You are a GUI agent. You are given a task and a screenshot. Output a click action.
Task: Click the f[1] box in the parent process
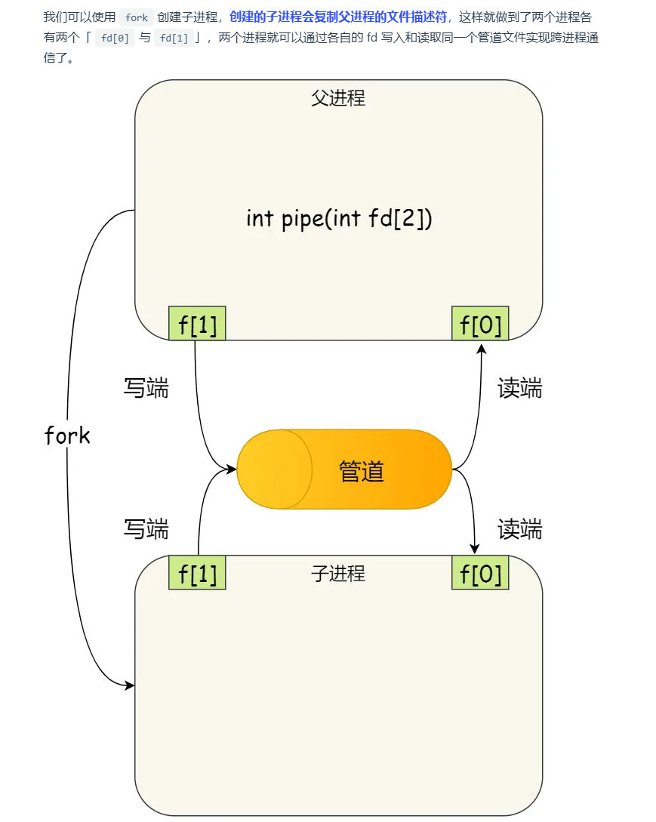point(197,324)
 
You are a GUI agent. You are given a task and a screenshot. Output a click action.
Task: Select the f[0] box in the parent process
point(480,324)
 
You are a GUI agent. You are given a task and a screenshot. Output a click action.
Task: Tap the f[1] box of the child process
point(197,573)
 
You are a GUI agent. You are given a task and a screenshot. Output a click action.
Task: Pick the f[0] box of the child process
point(480,573)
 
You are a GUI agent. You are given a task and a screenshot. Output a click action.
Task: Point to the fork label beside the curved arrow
point(67,436)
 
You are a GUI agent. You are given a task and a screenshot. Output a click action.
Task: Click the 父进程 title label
point(338,98)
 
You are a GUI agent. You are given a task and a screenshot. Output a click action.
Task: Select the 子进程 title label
point(338,574)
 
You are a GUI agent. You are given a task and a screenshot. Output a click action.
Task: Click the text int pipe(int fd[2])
point(339,218)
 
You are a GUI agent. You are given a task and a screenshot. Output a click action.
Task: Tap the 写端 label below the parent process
point(146,388)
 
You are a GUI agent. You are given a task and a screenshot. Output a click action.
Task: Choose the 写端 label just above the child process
point(146,529)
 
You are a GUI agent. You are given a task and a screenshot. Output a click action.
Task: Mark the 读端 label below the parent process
point(519,388)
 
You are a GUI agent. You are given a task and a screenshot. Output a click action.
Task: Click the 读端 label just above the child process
point(519,529)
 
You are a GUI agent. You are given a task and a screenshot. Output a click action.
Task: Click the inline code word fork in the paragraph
point(137,17)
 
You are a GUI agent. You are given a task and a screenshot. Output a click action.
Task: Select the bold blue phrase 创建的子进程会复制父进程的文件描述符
point(338,17)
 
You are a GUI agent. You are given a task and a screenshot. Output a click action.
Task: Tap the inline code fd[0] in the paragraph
point(115,38)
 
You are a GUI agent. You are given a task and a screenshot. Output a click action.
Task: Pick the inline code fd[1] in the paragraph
point(174,38)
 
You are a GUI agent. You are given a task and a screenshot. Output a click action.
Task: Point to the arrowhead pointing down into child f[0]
point(475,549)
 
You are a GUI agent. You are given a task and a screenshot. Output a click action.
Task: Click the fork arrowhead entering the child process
point(130,685)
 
